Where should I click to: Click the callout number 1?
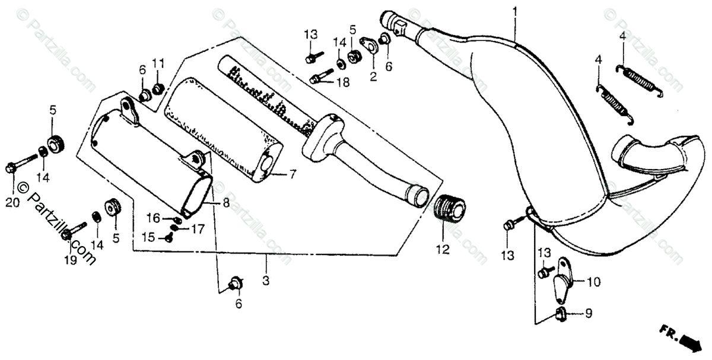point(515,11)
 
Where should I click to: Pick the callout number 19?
point(70,260)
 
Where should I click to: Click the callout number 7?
point(292,174)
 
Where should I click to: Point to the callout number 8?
point(226,202)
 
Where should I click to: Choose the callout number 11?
point(158,63)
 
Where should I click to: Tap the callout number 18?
point(342,84)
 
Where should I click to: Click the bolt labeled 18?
point(320,77)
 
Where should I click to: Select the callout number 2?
point(373,76)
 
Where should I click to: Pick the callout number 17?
point(197,227)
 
